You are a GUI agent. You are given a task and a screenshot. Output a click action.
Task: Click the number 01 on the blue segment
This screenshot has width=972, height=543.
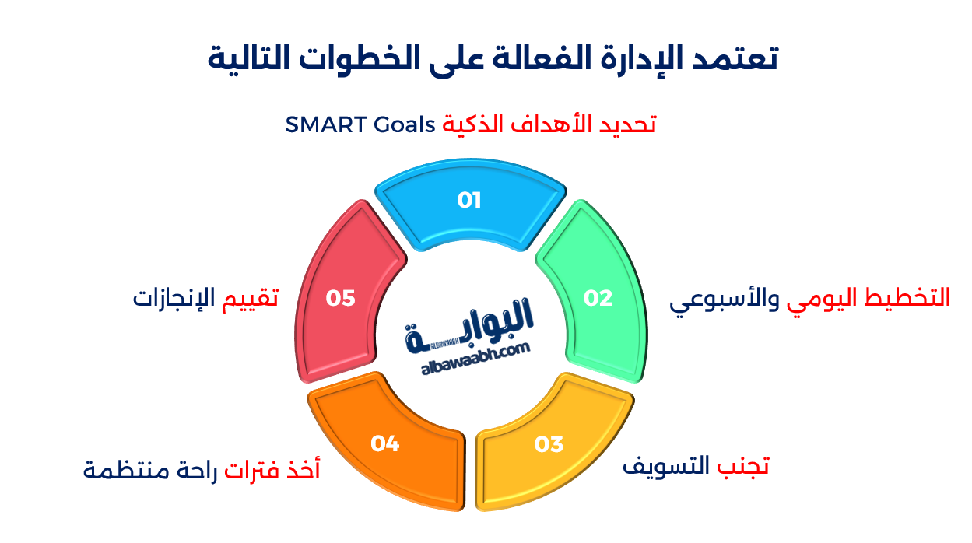coord(469,201)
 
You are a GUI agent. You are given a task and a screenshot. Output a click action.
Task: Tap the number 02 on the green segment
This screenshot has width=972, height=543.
coord(598,298)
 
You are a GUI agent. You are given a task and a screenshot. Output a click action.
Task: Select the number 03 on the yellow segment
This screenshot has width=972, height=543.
coord(549,444)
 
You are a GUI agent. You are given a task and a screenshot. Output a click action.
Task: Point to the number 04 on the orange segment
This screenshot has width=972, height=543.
coord(385,443)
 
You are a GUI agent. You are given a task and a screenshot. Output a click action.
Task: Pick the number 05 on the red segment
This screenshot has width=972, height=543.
coord(341,298)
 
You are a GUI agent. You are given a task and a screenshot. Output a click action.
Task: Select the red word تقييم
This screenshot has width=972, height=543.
coord(251,298)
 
